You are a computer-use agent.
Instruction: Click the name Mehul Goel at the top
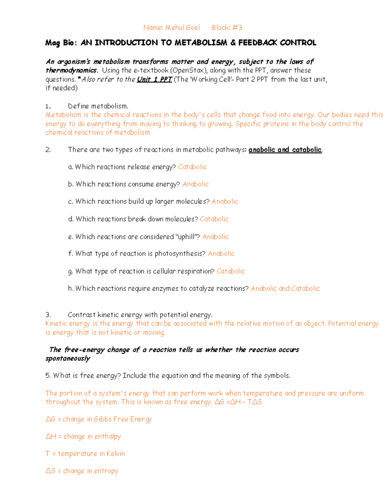tap(182, 28)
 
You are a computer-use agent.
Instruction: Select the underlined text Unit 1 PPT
tap(154, 79)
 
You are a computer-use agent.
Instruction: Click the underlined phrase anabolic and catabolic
tap(285, 150)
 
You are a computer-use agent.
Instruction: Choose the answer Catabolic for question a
tap(192, 167)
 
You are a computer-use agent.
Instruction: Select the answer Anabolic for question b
tap(196, 184)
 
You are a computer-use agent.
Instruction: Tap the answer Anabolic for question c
tap(225, 201)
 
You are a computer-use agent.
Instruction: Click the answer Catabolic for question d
tap(214, 219)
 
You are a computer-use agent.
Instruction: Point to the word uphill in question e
tap(187, 237)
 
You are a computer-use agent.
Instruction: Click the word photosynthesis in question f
tap(179, 254)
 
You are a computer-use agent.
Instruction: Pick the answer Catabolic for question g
tap(231, 271)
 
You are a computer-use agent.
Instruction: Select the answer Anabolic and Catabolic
tap(285, 289)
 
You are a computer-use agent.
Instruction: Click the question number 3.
tap(48, 315)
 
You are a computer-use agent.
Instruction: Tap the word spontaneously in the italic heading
tap(68, 359)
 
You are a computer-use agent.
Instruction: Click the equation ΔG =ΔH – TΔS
tap(238, 402)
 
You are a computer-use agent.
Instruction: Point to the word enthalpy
tap(108, 436)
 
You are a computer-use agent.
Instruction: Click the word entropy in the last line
tap(106, 471)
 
